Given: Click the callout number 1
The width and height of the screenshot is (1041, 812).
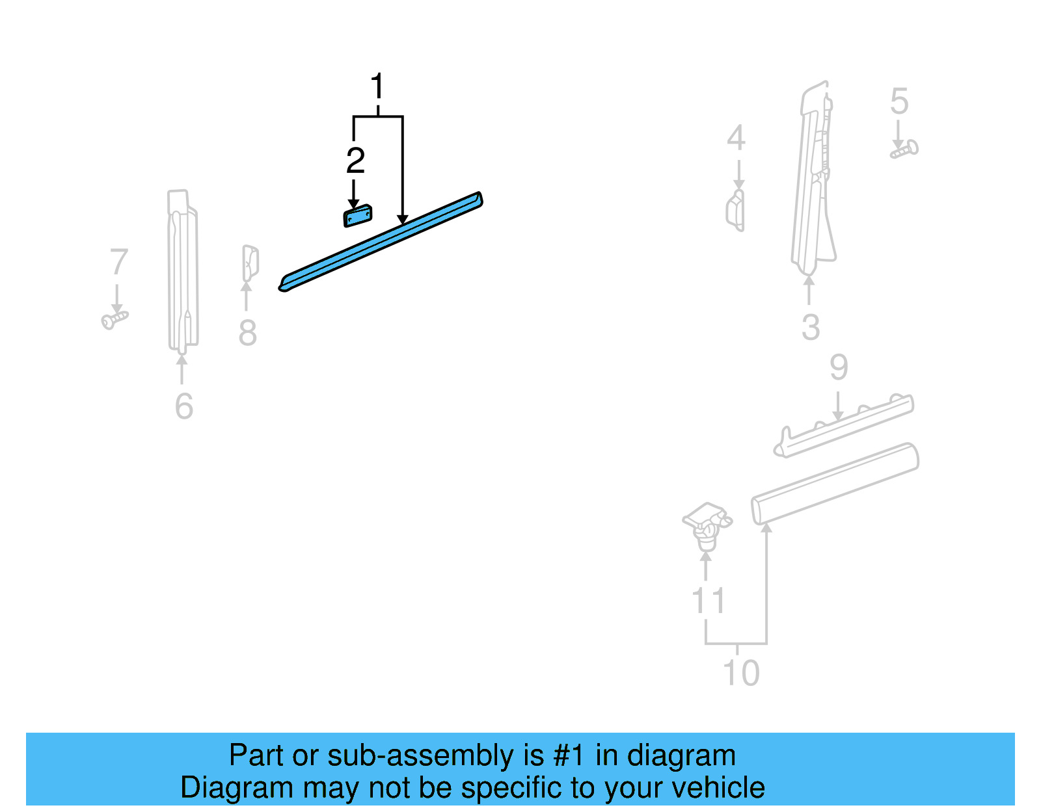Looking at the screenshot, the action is tap(377, 86).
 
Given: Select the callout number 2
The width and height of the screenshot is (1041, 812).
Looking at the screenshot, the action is tap(355, 161).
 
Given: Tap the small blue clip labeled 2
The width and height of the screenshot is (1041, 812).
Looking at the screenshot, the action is tap(357, 216).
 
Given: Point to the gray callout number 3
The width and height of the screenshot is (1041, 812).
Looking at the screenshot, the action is tap(811, 327).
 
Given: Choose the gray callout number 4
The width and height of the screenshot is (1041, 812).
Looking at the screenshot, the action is tap(736, 138).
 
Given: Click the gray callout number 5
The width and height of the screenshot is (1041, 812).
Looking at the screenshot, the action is tap(899, 101).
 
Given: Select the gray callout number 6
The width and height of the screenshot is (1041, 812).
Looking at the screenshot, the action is tap(184, 406).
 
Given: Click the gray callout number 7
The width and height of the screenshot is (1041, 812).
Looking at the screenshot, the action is tap(118, 262).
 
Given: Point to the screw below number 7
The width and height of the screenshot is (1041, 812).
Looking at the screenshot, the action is tap(115, 319).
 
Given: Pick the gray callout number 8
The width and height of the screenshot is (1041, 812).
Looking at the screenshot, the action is tap(247, 333).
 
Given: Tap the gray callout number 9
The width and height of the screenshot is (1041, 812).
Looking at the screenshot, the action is tap(839, 368).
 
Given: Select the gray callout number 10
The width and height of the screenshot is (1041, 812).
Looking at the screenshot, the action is tap(741, 673).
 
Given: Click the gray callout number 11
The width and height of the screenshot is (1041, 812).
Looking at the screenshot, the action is tap(708, 601).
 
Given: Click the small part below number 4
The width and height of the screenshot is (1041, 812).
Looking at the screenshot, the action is tap(736, 209).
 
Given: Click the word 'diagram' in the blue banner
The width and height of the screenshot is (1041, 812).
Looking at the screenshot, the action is tap(681, 755).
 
